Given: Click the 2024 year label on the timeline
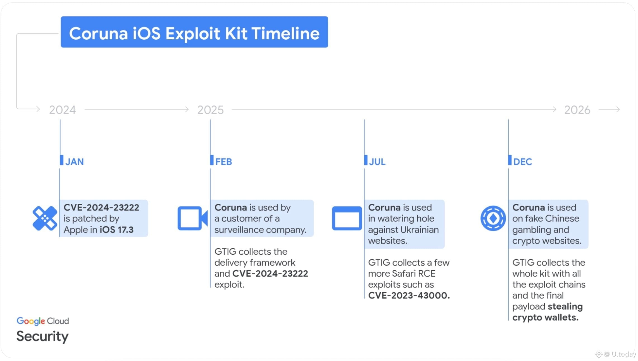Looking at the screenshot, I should pyautogui.click(x=62, y=110).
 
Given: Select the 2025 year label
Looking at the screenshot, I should pyautogui.click(x=210, y=110).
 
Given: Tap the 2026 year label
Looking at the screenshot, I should pyautogui.click(x=577, y=110).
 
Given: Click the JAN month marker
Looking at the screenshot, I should pyautogui.click(x=74, y=162).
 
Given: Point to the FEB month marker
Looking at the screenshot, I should pyautogui.click(x=223, y=162).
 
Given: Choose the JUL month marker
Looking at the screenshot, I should pyautogui.click(x=377, y=162).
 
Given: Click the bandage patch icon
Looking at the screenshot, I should pyautogui.click(x=45, y=218).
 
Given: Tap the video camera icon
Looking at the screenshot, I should pyautogui.click(x=192, y=218).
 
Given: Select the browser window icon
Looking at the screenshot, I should pyautogui.click(x=347, y=218).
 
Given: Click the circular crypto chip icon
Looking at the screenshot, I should pyautogui.click(x=493, y=218).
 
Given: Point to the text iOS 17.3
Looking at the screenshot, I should pyautogui.click(x=116, y=230).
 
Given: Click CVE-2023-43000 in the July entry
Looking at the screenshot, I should pyautogui.click(x=409, y=295).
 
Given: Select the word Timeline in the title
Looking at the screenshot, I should pyautogui.click(x=285, y=33).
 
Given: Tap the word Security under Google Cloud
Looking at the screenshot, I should pyautogui.click(x=42, y=336).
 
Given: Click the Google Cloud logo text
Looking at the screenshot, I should pyautogui.click(x=43, y=321).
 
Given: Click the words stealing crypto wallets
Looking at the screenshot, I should pyautogui.click(x=547, y=312).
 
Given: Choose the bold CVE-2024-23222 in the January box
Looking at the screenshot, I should pyautogui.click(x=101, y=208).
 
